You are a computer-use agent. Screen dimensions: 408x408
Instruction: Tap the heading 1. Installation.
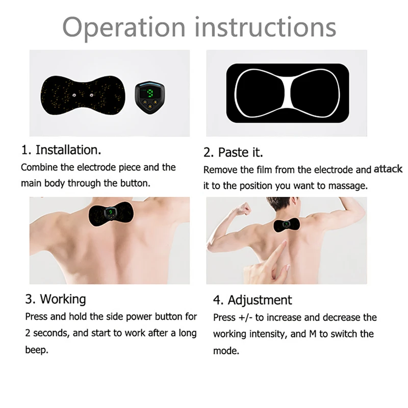pos(61,150)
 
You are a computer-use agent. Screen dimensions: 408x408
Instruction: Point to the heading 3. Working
pos(56,298)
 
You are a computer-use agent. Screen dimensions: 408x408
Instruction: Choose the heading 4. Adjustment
pos(252,300)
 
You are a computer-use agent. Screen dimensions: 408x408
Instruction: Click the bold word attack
pos(388,169)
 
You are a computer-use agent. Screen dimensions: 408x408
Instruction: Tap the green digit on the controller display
pos(151,93)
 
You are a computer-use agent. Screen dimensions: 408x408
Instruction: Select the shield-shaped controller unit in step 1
pos(151,97)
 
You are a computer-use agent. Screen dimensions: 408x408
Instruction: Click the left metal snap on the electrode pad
pos(75,94)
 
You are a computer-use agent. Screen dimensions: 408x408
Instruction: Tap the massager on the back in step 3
pos(111,215)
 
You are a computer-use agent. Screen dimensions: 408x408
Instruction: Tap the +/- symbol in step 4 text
pos(245,317)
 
